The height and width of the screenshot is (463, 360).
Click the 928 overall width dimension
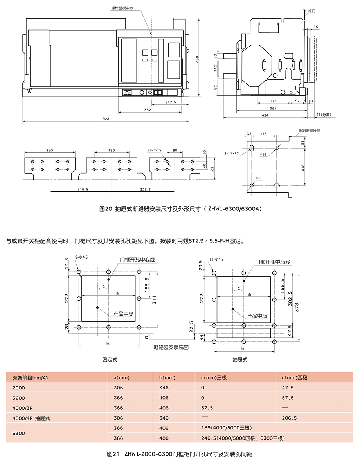pos(106,119)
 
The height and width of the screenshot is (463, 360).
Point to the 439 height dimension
pos(198,59)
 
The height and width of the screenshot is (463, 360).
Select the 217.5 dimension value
pos(171,102)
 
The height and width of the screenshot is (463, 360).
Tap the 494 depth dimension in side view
pos(265,115)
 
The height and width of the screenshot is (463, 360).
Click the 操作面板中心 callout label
pos(122,8)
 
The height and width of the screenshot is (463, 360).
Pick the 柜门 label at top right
pos(312,11)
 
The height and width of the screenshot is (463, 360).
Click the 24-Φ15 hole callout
pos(155,150)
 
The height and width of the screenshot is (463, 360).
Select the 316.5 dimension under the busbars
pos(83,189)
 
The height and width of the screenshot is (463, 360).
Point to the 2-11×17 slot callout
pos(231,153)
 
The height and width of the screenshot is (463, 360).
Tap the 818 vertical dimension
pos(302,167)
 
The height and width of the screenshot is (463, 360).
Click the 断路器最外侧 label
pos(309,130)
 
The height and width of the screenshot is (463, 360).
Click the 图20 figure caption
pos(180,209)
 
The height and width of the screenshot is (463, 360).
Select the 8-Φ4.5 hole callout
pos(81,257)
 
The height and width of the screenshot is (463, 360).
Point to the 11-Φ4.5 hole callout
pos(216,259)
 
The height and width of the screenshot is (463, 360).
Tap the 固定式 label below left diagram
pos(110,360)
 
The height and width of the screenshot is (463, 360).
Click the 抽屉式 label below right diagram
pos(240,360)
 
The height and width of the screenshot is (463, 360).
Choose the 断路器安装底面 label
pos(171,347)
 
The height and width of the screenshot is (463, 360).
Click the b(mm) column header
pos(167,377)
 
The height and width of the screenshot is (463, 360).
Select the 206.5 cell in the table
pos(289,418)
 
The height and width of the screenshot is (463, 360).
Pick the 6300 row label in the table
pos(19,433)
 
